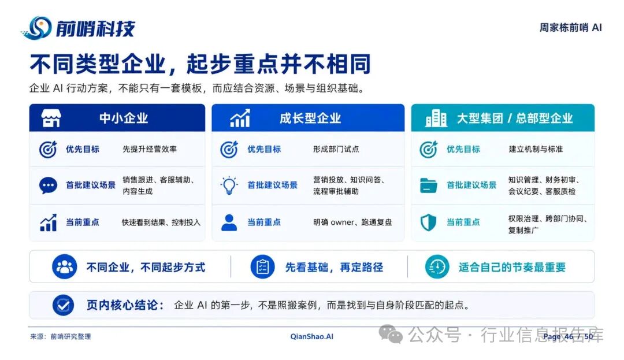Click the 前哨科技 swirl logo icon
point(36,28)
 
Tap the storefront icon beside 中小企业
point(51,118)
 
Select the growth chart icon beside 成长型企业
point(240,118)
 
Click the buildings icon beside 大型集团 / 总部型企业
point(436,118)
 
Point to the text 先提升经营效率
point(150,149)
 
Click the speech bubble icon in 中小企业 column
point(48,185)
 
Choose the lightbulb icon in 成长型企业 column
point(229,185)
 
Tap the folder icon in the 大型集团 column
point(428,185)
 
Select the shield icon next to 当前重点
point(428,222)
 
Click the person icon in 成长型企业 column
point(229,222)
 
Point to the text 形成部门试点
point(336,149)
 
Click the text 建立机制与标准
point(536,149)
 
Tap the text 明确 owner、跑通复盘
point(352,222)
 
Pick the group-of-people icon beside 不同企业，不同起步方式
point(65,266)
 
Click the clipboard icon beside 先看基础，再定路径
point(263,266)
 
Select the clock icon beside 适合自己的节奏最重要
point(437,266)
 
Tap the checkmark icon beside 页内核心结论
point(64,305)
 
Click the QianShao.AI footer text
point(312,336)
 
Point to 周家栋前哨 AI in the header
point(571,27)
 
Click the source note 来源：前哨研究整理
point(61,336)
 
